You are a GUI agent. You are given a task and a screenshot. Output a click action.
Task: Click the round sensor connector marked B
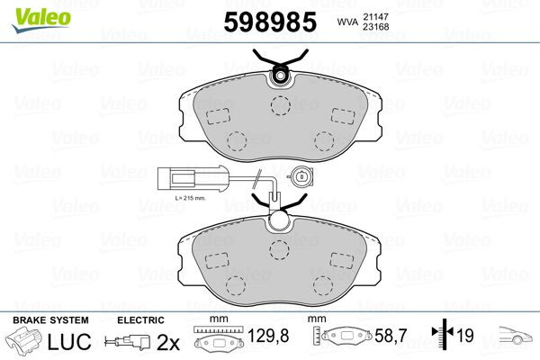[x=301, y=178]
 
